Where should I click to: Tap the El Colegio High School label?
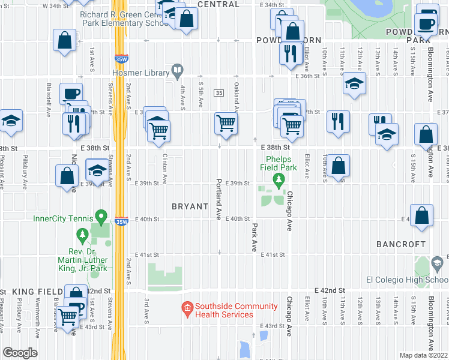[407, 280]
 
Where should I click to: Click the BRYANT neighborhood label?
[191, 206]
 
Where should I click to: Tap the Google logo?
[20, 353]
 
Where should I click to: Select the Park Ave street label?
[255, 237]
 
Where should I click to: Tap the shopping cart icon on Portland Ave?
[226, 124]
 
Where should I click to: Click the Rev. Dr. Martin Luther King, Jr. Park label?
[83, 260]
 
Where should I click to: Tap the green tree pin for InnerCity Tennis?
[101, 215]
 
